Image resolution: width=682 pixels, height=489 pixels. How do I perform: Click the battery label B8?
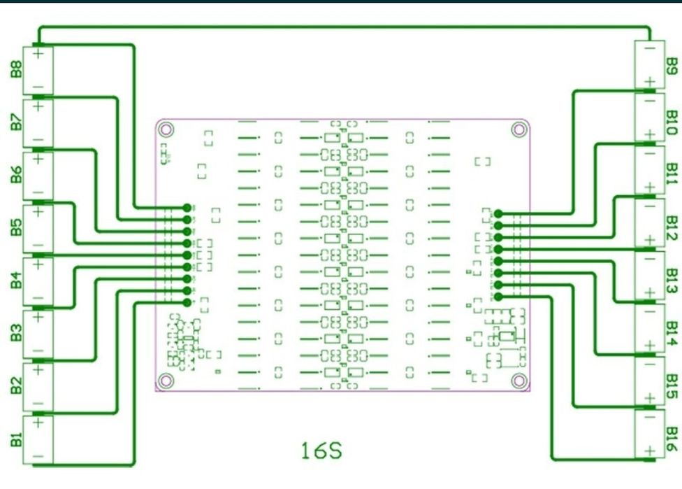coord(15,70)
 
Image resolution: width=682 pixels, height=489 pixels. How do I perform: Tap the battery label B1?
coord(15,440)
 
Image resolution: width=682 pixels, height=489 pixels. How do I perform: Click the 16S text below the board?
coord(321,450)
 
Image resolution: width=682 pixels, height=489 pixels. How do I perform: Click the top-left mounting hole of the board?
coord(166,129)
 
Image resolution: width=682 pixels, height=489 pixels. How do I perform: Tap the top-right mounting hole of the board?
coord(518,129)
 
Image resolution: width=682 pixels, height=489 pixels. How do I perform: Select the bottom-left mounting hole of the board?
coord(166,380)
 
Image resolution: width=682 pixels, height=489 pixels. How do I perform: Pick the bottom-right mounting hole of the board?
coord(518,380)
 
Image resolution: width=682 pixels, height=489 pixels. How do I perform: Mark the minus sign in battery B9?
coord(649,50)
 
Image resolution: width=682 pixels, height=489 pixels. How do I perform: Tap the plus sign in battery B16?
coord(649,451)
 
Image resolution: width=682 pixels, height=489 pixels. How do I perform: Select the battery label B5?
coord(15,229)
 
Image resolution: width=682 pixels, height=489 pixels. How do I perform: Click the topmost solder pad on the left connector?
coord(187,207)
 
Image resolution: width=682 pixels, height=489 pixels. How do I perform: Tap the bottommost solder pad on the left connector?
coord(187,302)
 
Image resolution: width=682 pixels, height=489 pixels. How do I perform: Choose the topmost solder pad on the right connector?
coord(498,213)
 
